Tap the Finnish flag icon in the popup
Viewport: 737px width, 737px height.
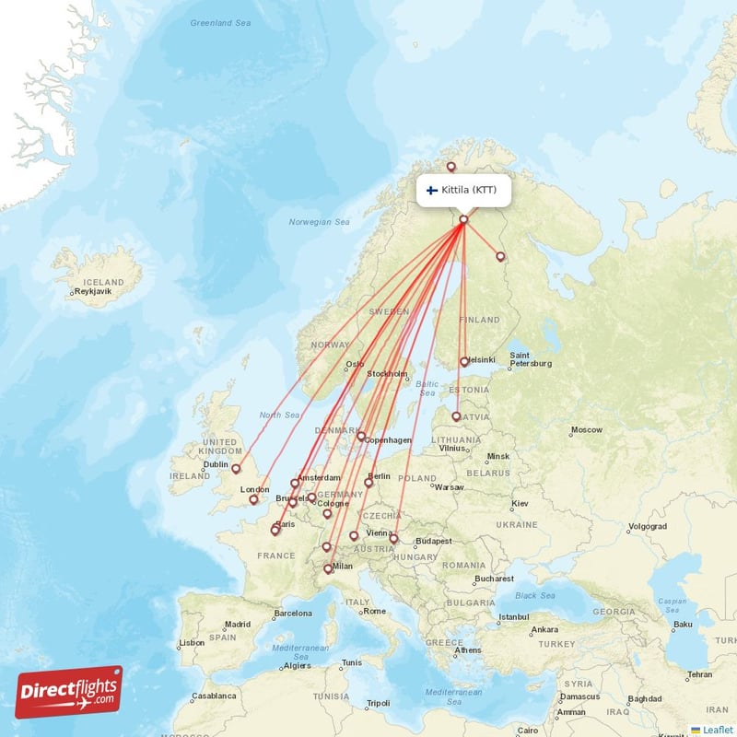pos(431,191)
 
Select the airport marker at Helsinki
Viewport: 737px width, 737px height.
pos(464,362)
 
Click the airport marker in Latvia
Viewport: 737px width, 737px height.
pos(456,416)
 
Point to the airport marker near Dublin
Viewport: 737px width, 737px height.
pos(236,469)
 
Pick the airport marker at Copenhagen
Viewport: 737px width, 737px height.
pos(361,436)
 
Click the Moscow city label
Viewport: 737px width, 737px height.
pos(586,430)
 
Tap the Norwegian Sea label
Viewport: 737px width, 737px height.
pos(319,222)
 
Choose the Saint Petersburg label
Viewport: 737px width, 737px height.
pos(531,359)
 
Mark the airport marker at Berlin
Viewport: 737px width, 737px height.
pos(368,482)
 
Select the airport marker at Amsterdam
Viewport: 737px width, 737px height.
pos(295,482)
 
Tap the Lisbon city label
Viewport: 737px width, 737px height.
pos(193,642)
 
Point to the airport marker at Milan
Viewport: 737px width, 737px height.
pos(328,568)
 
